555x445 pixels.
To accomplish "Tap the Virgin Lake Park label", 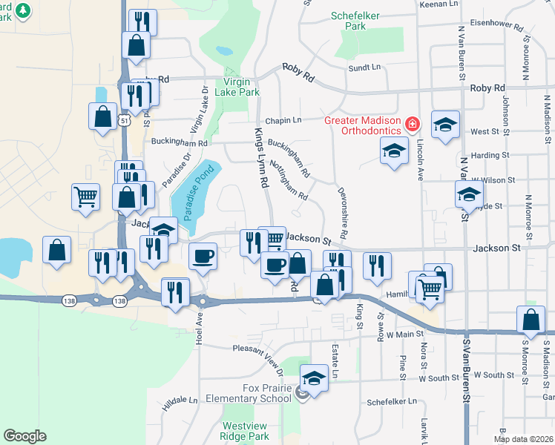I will (x=237, y=88).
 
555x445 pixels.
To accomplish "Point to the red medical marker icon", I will (x=413, y=123).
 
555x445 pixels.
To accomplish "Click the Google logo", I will (x=24, y=436).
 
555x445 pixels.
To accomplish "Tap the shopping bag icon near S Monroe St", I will (x=531, y=320).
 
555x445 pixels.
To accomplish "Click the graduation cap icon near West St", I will (x=445, y=125).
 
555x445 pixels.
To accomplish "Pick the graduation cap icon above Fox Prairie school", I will (x=314, y=378).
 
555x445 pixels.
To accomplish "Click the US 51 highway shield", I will (x=127, y=120).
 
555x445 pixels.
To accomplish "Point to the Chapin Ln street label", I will (x=283, y=120).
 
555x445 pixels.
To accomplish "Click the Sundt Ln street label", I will (x=364, y=67).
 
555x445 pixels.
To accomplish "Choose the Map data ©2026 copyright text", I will (x=523, y=438).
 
